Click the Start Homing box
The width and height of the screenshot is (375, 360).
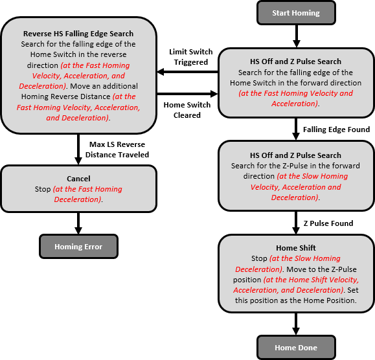(296, 12)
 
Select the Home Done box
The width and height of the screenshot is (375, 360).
(296, 348)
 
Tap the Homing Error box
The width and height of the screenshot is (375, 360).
(78, 247)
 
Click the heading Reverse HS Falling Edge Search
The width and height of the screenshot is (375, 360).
(78, 34)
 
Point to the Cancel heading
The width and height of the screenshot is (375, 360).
(78, 179)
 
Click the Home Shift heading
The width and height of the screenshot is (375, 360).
(296, 248)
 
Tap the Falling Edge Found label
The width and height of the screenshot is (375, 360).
(336, 129)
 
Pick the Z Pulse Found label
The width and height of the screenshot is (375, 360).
(328, 223)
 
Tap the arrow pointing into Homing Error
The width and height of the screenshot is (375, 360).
(78, 223)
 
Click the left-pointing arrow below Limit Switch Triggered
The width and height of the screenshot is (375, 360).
(188, 73)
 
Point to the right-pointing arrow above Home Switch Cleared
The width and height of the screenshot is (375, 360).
(188, 94)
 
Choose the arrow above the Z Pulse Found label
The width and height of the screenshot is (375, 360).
(296, 222)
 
